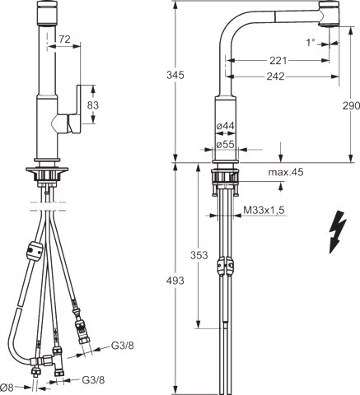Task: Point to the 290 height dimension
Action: (349, 106)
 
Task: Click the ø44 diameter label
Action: (227, 125)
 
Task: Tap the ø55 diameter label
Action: (227, 144)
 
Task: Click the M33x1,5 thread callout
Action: (264, 211)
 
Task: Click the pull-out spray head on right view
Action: (325, 14)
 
